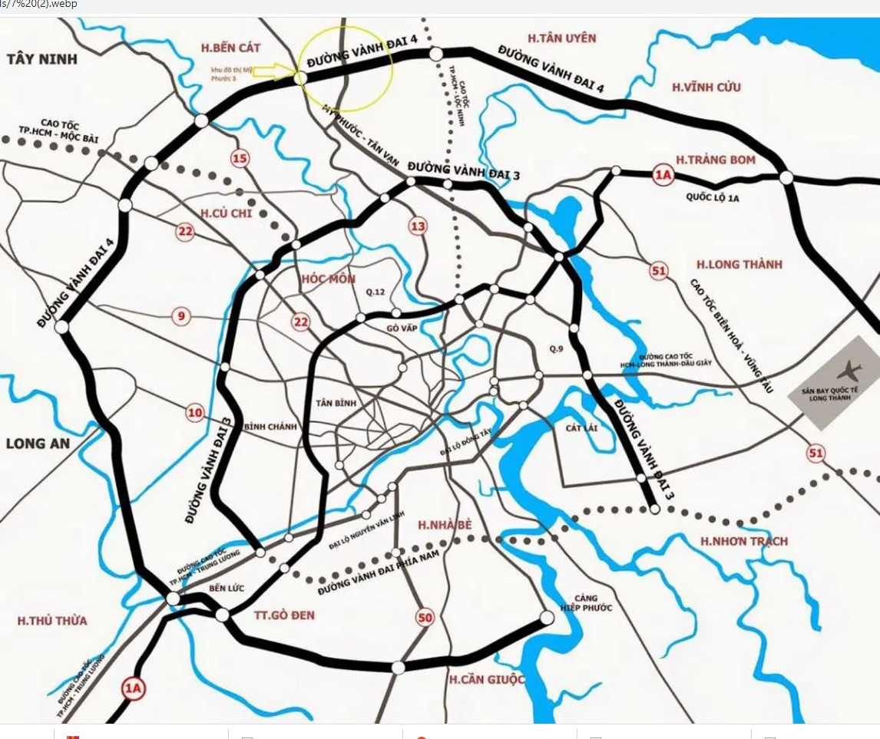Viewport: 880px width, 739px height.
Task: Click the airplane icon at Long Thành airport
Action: tap(848, 371)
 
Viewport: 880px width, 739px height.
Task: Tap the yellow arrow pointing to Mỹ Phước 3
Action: tap(274, 71)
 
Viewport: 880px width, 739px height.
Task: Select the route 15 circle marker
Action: tap(240, 159)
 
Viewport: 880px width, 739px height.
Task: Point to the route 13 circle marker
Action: tap(418, 226)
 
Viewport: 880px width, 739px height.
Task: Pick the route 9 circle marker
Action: tap(181, 315)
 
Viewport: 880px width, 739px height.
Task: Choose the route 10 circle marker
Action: tap(195, 414)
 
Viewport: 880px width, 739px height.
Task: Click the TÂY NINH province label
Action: tap(43, 58)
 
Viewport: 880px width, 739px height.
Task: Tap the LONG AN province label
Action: tap(38, 444)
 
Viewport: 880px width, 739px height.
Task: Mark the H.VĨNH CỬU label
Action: tap(706, 87)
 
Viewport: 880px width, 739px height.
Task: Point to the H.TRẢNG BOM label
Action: tap(716, 160)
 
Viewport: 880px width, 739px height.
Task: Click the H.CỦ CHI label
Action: tap(227, 213)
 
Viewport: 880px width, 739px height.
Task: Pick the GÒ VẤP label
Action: tap(405, 328)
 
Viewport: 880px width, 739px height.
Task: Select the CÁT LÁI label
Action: tap(581, 427)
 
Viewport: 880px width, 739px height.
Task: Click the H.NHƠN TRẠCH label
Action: tap(744, 541)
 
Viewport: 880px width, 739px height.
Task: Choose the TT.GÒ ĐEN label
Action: tap(284, 615)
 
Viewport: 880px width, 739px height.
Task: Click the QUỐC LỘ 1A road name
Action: tap(713, 197)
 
